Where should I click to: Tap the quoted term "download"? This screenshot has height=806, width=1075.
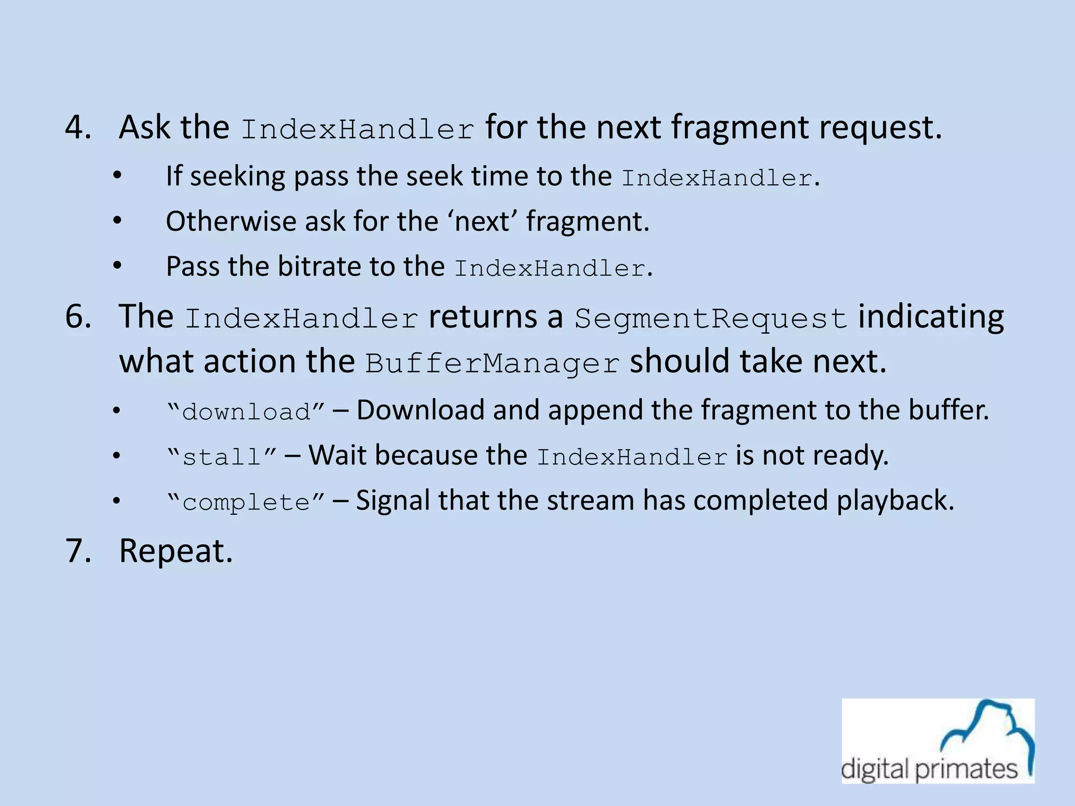246,411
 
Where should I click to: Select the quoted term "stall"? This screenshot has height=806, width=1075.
221,457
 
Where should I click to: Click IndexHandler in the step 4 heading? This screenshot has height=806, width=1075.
357,129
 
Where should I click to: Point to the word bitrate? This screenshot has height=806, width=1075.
319,266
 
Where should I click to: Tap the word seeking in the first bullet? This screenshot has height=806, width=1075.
237,176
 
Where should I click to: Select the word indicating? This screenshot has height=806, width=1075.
931,317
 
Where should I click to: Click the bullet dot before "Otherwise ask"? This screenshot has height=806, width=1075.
117,221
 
